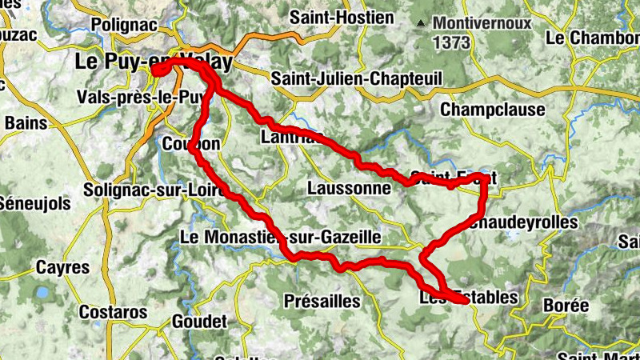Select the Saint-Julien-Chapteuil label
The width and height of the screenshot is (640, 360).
point(357,79)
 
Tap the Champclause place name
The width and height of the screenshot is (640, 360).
point(492,109)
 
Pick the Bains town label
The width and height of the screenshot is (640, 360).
point(26,123)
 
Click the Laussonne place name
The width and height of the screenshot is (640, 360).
point(348,189)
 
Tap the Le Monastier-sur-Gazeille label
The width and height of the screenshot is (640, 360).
point(280,237)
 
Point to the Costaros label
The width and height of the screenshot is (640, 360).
point(113,311)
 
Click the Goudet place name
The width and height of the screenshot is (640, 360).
point(198,322)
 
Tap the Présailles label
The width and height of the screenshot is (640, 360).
point(322,302)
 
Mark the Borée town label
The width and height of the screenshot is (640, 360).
point(566,306)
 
